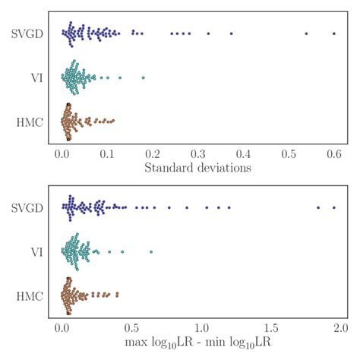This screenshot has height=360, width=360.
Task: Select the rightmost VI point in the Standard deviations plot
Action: point(143,77)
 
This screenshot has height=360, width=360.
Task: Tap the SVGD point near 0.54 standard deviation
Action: point(306,33)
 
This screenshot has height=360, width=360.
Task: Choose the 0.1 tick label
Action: point(109,153)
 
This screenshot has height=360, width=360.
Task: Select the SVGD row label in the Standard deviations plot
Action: point(28,33)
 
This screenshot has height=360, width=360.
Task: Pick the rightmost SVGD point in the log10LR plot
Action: point(333,207)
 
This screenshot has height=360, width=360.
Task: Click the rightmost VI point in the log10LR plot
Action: point(151,251)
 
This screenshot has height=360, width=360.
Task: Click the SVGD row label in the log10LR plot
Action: point(28,207)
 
